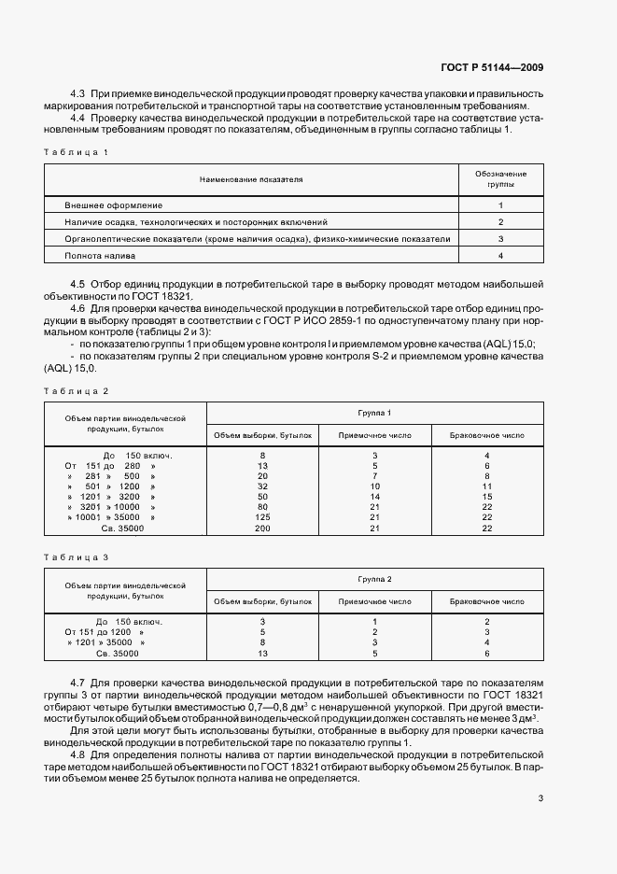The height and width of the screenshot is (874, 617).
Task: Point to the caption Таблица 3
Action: pyautogui.click(x=77, y=557)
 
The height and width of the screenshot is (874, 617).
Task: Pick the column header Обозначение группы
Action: pyautogui.click(x=500, y=179)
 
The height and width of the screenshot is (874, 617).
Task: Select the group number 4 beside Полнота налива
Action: pyautogui.click(x=500, y=255)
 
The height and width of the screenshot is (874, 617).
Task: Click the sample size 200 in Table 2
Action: pyautogui.click(x=262, y=529)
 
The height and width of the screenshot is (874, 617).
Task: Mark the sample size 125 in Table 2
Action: pyautogui.click(x=262, y=516)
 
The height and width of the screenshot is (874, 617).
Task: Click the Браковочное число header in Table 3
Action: pyautogui.click(x=486, y=602)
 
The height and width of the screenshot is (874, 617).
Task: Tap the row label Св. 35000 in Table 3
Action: pyautogui.click(x=119, y=654)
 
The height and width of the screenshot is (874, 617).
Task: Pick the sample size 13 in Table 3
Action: pyautogui.click(x=262, y=654)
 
